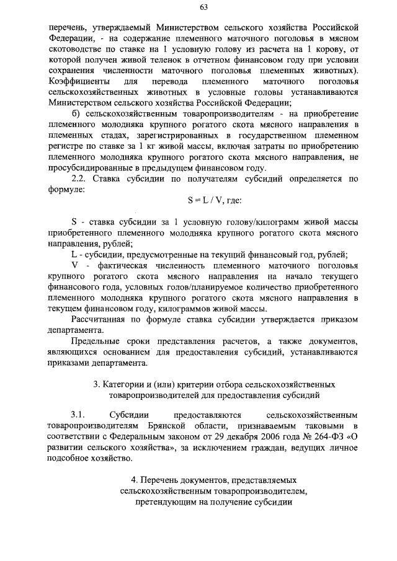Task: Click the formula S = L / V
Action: (210, 201)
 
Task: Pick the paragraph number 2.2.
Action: (80, 179)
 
